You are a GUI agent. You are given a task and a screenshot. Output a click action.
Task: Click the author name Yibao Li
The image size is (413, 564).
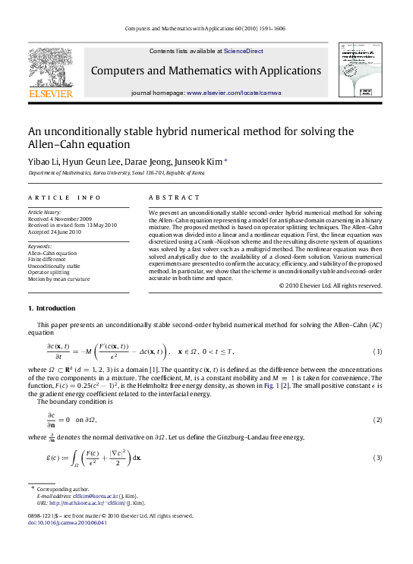coord(46,162)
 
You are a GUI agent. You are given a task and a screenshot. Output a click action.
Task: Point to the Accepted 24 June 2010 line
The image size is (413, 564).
coord(53,232)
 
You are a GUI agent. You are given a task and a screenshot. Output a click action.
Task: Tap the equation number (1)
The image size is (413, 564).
coord(377,351)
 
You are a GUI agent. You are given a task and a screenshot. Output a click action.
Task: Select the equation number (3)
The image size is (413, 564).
coord(377,458)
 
